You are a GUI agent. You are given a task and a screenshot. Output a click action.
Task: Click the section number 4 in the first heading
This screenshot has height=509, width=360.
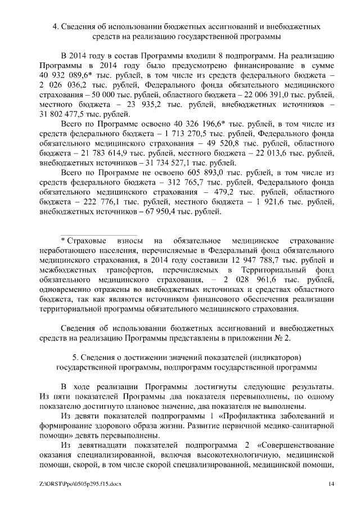point(55,26)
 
